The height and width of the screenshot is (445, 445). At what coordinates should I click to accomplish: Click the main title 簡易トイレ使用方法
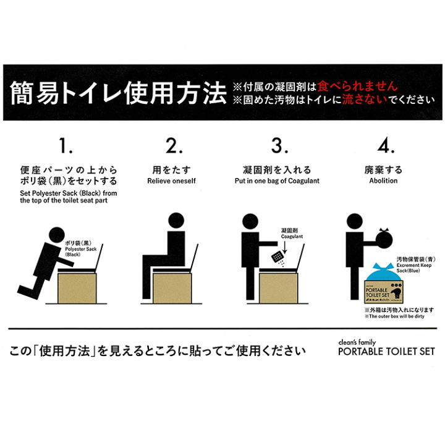click(117, 93)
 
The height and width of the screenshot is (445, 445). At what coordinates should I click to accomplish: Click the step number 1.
click(66, 146)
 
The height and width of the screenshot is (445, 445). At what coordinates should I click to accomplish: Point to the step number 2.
click(174, 146)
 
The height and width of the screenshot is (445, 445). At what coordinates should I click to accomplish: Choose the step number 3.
click(280, 146)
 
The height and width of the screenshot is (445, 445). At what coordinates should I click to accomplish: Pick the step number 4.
click(386, 146)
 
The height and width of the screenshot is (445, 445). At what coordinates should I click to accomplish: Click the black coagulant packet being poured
click(279, 255)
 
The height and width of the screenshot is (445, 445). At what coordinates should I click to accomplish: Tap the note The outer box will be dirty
click(399, 316)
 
